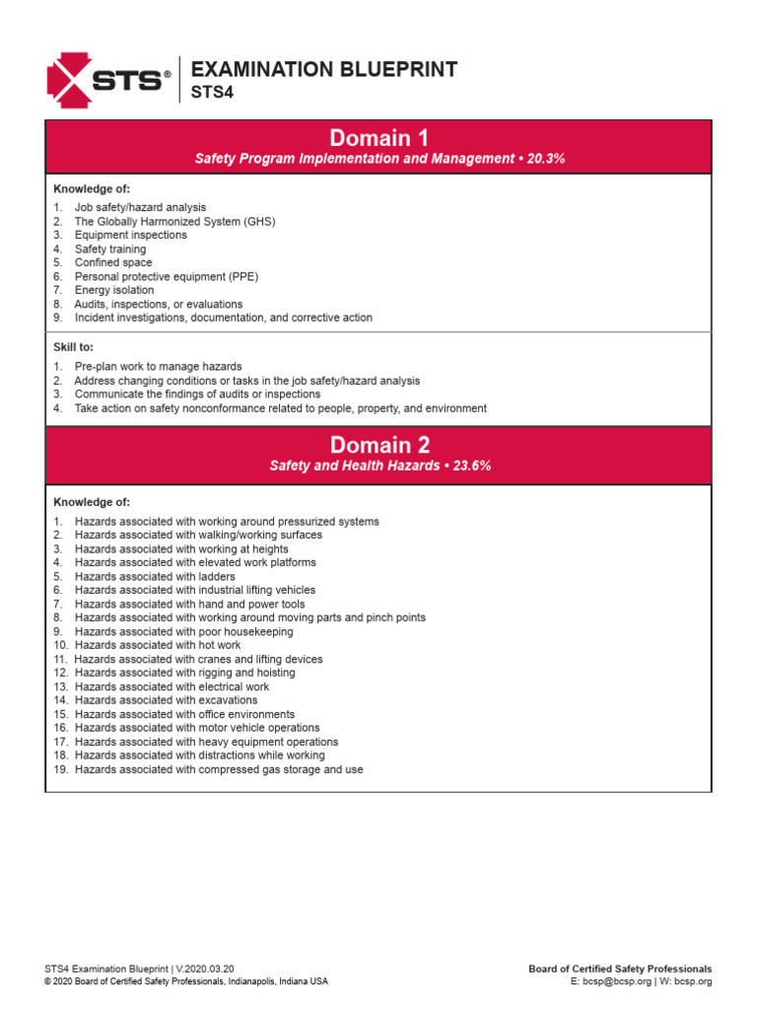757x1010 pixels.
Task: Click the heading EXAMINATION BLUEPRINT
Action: [323, 69]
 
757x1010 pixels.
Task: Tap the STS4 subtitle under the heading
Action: [210, 93]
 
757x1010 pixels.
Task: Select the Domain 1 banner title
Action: [378, 138]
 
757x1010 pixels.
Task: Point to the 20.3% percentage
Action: [546, 159]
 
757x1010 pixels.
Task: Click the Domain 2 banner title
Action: [378, 444]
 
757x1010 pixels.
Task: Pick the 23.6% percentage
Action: [469, 466]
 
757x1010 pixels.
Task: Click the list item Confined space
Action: [113, 263]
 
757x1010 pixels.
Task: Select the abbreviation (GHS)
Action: [258, 222]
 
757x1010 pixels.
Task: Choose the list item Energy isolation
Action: [114, 291]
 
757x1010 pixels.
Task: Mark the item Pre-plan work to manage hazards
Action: [158, 367]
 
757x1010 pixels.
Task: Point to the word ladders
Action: [217, 577]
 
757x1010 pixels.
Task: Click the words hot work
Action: [219, 646]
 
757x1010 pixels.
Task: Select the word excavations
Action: [230, 701]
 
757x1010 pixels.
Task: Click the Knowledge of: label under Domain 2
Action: [91, 502]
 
